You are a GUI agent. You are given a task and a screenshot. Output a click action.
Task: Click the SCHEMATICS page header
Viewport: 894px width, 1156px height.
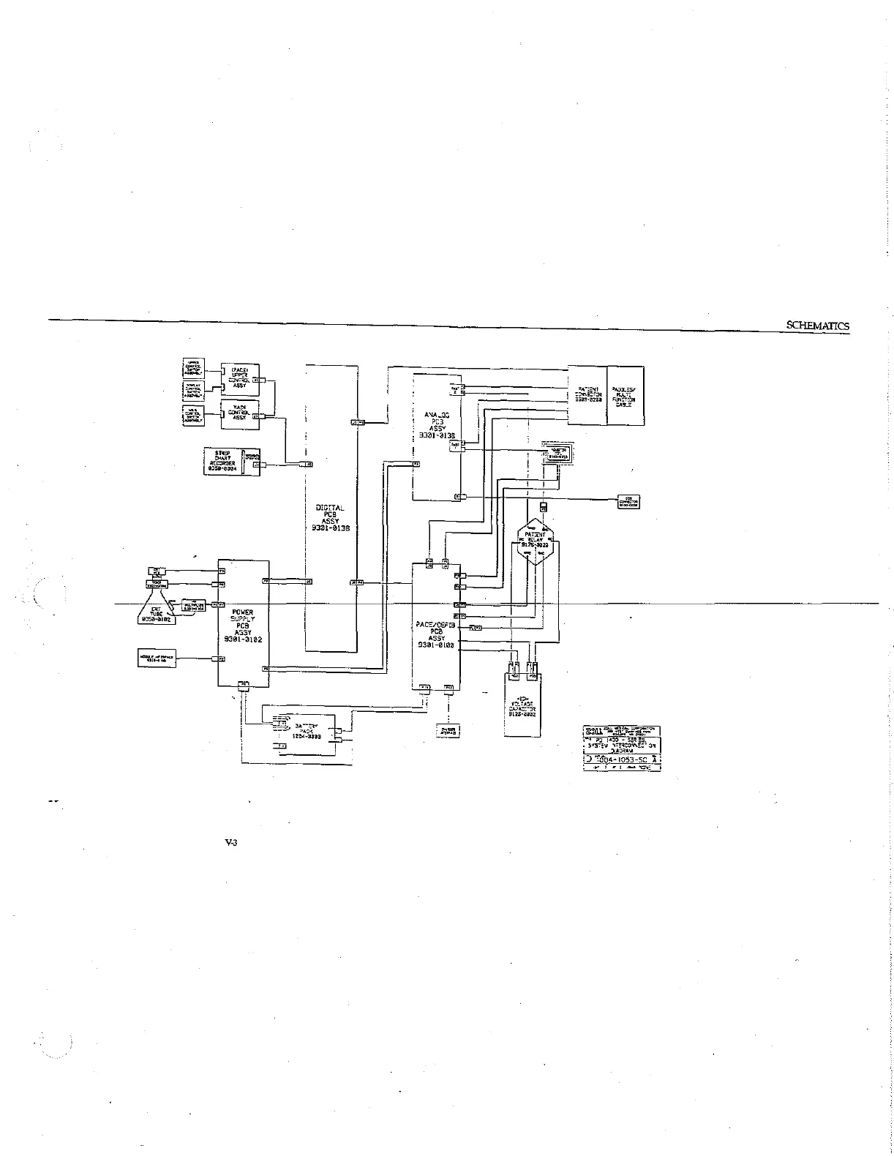(817, 326)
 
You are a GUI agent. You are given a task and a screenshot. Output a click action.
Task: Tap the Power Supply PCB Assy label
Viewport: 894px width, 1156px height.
(242, 626)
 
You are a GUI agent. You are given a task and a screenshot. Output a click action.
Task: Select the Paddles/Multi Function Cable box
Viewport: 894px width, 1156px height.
(626, 396)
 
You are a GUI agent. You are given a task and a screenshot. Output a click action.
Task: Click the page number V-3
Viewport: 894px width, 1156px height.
(230, 843)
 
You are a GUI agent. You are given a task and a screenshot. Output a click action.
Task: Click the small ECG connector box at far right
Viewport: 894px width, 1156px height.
(628, 503)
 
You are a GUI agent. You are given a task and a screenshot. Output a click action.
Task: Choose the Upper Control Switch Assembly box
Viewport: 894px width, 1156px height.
(193, 369)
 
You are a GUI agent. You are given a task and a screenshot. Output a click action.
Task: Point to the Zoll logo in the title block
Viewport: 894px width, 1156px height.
(593, 730)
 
